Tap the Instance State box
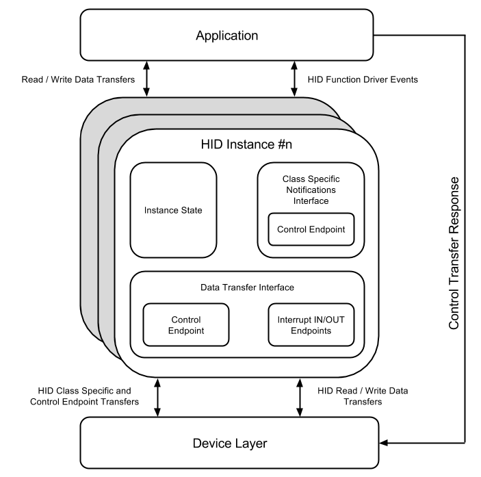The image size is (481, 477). [x=173, y=210]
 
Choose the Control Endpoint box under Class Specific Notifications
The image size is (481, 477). [x=311, y=230]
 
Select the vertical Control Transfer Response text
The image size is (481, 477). [x=454, y=253]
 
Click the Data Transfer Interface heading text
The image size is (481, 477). [x=246, y=288]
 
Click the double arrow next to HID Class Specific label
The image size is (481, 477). [x=157, y=397]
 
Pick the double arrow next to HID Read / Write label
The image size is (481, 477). [x=300, y=397]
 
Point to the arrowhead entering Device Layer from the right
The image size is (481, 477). [x=383, y=443]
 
